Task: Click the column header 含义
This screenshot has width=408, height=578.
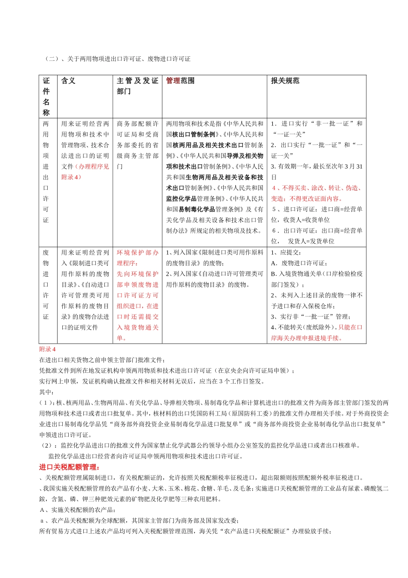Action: click(x=68, y=81)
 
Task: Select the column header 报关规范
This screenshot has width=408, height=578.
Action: click(x=285, y=81)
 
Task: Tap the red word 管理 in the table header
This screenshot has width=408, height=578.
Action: click(x=173, y=81)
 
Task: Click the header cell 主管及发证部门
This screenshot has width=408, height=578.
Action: click(x=137, y=86)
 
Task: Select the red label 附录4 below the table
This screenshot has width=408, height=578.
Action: click(x=47, y=349)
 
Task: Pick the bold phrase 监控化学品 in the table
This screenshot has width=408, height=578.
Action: click(x=181, y=199)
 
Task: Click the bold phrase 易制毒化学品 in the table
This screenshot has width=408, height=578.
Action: click(x=197, y=209)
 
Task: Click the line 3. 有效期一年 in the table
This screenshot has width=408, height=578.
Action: click(x=317, y=166)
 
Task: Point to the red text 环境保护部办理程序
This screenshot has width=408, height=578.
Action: click(x=137, y=258)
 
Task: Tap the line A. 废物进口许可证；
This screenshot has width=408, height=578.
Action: click(x=299, y=263)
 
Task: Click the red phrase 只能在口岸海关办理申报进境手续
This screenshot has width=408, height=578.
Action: click(x=317, y=333)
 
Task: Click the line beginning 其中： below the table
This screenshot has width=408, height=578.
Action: click(x=46, y=392)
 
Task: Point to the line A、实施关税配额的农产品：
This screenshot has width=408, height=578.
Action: click(x=77, y=510)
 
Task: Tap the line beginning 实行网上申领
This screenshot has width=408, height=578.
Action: click(x=152, y=381)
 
